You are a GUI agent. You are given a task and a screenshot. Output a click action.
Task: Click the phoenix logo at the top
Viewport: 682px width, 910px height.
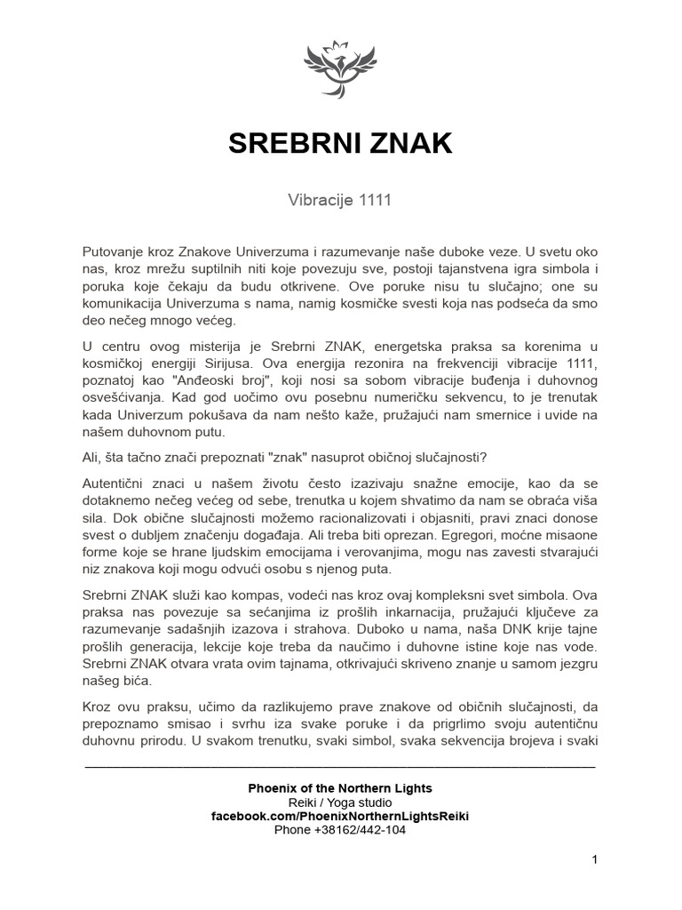tap(341, 68)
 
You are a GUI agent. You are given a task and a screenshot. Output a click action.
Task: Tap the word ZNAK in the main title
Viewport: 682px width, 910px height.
tap(410, 145)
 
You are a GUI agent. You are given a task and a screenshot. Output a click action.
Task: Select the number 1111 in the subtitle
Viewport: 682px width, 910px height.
tap(375, 201)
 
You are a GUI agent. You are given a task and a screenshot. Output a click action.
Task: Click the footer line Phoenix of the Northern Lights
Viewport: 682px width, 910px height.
tap(340, 788)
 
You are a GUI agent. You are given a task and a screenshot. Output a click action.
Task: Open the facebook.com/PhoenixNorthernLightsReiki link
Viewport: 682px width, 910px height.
tap(340, 816)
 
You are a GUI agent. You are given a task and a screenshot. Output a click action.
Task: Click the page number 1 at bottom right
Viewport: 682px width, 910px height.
tap(594, 860)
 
